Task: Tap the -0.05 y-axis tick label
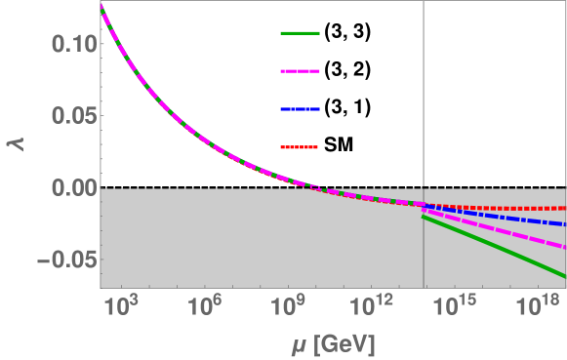pyautogui.click(x=60, y=260)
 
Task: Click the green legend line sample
pyautogui.click(x=301, y=34)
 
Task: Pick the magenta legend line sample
pyautogui.click(x=301, y=71)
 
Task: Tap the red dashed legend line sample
pyautogui.click(x=301, y=147)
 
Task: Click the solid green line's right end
pyautogui.click(x=565, y=277)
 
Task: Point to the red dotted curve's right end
pyautogui.click(x=565, y=209)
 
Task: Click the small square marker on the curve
pyautogui.click(x=314, y=186)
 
